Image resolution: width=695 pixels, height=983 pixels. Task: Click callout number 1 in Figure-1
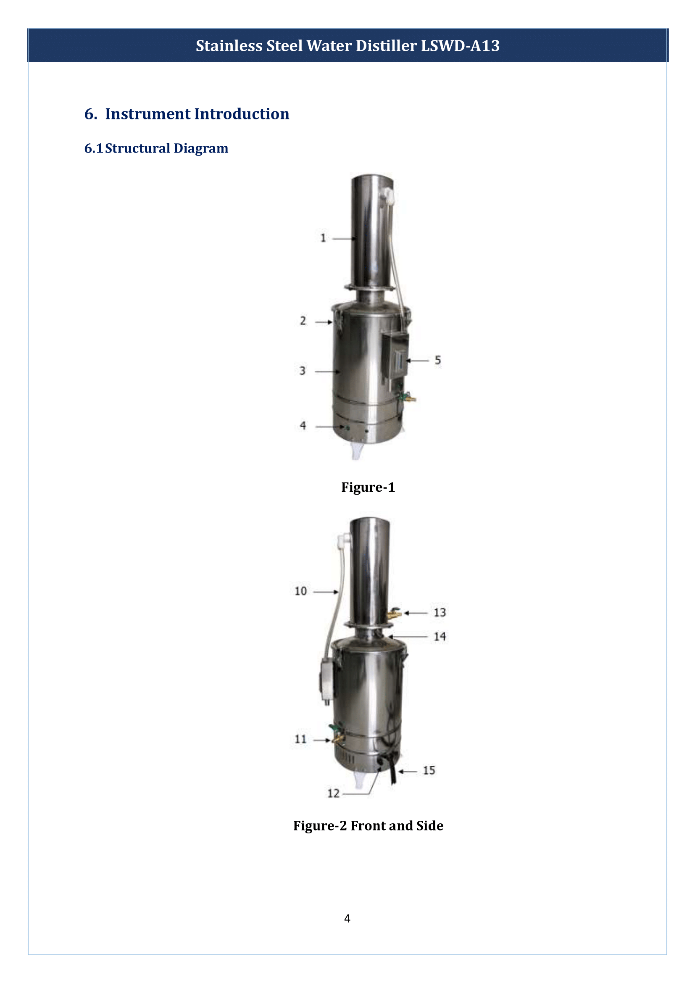(x=323, y=238)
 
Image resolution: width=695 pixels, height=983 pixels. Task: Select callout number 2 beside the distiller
(x=303, y=321)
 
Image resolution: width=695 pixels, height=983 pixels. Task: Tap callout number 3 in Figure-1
(x=303, y=371)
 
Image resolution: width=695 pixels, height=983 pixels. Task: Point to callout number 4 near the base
(x=303, y=426)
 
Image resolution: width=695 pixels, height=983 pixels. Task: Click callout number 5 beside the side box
(x=438, y=361)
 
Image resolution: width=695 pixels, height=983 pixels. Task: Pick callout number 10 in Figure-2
(x=301, y=591)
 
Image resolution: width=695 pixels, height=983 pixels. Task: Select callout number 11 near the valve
(x=301, y=739)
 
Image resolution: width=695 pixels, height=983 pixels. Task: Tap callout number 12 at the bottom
(x=333, y=793)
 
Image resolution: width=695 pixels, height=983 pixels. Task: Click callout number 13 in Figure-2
(x=440, y=613)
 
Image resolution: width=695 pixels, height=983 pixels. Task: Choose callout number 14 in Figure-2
(x=440, y=637)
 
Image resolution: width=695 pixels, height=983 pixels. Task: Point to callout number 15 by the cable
(x=429, y=770)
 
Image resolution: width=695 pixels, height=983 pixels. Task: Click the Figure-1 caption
(x=368, y=487)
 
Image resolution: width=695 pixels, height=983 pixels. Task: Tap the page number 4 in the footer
(x=347, y=918)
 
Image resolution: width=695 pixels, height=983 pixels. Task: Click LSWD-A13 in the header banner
(x=460, y=46)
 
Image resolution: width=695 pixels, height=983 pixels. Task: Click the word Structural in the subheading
(x=137, y=148)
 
